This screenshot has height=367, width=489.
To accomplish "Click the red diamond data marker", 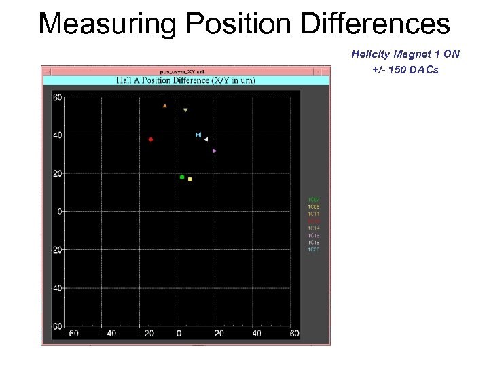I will [x=151, y=139].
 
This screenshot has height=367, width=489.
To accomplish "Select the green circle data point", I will [x=182, y=177].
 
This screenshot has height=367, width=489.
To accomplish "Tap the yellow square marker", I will [x=190, y=179].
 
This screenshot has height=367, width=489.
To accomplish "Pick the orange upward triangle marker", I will [x=165, y=106].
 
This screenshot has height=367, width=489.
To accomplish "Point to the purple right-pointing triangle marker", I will [x=214, y=151].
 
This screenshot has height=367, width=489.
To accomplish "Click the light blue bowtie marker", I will [x=198, y=135].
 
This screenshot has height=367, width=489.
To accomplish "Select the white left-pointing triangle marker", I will [x=206, y=139].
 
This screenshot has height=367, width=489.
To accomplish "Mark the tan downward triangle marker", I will [x=185, y=110].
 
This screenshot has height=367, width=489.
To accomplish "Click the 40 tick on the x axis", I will [x=256, y=334].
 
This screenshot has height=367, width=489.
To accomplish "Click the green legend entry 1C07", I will [x=314, y=200].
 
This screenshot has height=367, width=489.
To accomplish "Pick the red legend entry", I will [x=314, y=221].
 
